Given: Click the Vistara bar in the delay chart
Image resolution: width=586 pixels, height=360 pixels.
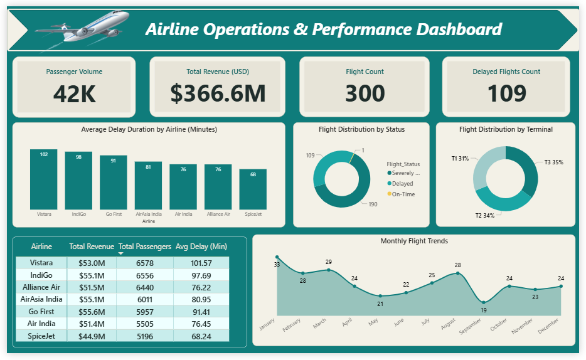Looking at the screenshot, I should (44, 179).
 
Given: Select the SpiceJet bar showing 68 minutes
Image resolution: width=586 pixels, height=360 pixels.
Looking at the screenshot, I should (253, 189).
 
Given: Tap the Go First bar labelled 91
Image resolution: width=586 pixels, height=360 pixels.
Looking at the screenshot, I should (114, 183).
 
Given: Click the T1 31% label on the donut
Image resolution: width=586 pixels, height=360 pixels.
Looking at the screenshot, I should (460, 159).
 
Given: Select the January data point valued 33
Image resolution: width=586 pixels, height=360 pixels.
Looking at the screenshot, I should (277, 257).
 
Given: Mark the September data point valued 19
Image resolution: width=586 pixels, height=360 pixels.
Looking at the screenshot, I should (483, 302).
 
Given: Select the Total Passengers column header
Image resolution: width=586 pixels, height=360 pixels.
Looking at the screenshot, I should (144, 246).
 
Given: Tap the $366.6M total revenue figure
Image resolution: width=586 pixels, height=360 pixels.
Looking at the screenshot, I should (218, 93).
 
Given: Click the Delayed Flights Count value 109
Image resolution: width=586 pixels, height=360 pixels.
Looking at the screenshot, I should (506, 93).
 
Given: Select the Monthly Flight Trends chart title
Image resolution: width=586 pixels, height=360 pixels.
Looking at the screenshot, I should (414, 241).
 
